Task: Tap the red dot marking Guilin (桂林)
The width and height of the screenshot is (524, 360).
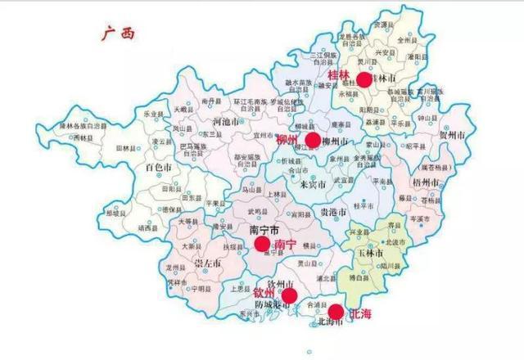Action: coord(364,79)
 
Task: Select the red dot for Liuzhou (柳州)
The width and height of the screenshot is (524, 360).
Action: coord(312,141)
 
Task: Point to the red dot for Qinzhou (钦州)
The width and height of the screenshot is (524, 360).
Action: coord(289,295)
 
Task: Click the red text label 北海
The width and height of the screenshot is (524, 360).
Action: coord(360,313)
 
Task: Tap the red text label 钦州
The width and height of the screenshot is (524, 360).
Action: coord(264,292)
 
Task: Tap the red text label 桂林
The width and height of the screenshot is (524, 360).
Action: coord(339,75)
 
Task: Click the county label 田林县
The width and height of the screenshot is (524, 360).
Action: coord(126,148)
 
